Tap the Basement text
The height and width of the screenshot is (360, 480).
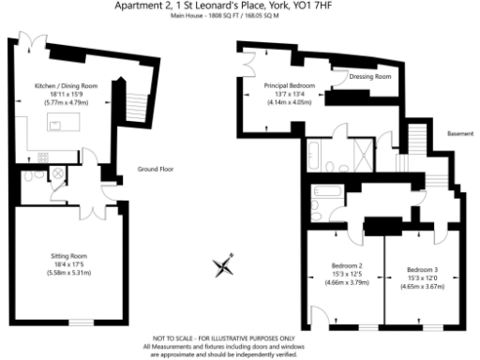click(x=460, y=133)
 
